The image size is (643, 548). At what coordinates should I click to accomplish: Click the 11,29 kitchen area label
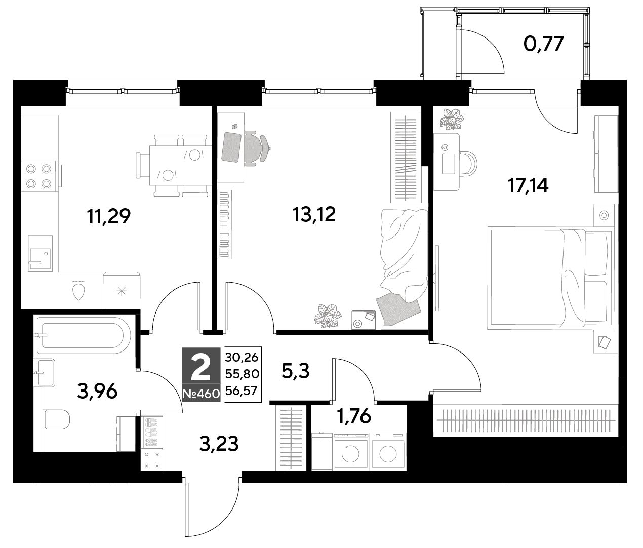[109, 217]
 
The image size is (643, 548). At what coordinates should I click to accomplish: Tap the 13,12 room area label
[314, 214]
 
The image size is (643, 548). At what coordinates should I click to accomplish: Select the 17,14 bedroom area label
[528, 186]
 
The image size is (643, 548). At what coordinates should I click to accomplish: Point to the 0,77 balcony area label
[543, 44]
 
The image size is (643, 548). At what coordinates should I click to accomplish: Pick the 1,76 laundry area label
[354, 416]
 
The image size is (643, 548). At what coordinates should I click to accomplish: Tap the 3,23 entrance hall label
[219, 444]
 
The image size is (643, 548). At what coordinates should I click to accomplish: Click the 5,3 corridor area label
[295, 371]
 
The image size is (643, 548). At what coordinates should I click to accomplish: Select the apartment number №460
[202, 394]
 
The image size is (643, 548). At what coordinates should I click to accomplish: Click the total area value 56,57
[242, 390]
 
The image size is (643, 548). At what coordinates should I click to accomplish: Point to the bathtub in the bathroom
[84, 335]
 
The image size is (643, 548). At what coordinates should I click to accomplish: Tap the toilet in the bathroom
[57, 419]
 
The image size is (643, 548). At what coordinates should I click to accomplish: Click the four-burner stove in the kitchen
[39, 176]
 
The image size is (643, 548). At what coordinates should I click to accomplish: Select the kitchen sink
[40, 253]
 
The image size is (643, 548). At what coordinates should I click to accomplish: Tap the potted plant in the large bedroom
[452, 119]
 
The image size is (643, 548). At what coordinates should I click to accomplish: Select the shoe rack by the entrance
[151, 432]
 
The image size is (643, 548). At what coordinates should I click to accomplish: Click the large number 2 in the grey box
[201, 369]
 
